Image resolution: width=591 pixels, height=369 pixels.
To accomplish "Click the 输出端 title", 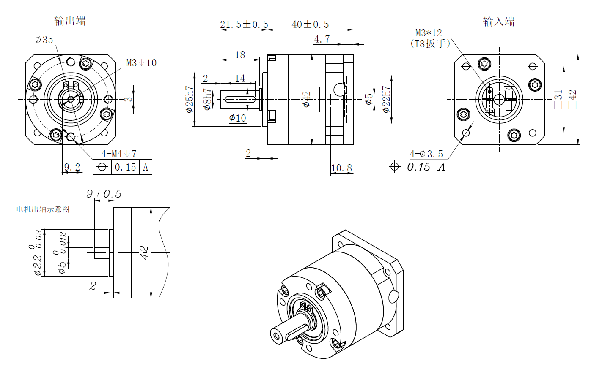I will point(70,21).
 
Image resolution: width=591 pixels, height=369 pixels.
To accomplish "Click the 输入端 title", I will point(499,22).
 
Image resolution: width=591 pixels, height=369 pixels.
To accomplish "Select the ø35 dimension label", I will point(44,40).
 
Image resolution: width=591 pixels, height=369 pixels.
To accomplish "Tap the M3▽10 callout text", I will point(141,63).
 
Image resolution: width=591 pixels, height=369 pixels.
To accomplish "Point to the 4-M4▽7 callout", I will point(118,154).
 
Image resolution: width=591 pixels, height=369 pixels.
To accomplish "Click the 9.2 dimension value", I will point(72,167).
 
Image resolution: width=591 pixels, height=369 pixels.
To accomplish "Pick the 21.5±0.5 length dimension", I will point(244,24).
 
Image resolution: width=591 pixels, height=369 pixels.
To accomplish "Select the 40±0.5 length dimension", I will point(310,24).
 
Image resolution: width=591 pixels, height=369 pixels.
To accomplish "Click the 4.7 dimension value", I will point(322,39).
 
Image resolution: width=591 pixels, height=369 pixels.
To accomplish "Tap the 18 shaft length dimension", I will point(240,55).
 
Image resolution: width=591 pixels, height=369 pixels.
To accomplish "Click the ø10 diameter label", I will point(238,118).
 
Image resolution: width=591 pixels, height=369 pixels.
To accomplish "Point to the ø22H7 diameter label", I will point(386,100).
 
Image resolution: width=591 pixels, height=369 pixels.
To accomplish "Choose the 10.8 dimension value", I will point(341,168).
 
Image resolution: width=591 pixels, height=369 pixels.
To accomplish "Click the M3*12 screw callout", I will point(429,33).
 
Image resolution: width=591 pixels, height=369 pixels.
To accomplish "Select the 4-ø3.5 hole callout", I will point(426,154).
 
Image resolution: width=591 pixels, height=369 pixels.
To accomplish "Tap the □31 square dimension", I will point(558,99).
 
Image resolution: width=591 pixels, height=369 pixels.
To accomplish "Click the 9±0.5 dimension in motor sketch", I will point(104,194).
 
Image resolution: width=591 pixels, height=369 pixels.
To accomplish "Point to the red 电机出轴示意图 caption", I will point(43,209).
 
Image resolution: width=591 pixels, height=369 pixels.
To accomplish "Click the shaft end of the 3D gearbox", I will point(277,336).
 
